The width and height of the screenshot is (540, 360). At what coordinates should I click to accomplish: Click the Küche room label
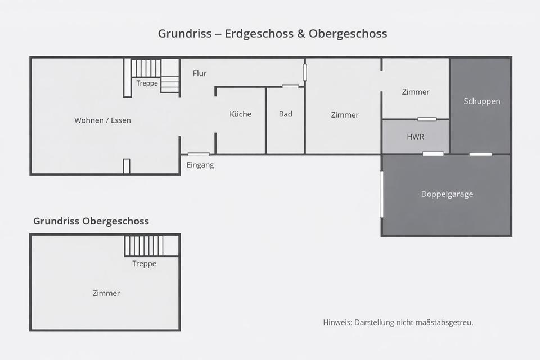[240, 114]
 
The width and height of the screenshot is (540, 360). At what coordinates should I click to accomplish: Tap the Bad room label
[286, 114]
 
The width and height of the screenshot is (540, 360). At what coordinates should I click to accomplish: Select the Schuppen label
[482, 101]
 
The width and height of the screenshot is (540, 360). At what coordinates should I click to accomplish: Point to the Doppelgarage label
[447, 194]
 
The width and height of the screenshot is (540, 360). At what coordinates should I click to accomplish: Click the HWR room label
[416, 137]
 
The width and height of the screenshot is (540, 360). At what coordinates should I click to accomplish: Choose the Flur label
[200, 73]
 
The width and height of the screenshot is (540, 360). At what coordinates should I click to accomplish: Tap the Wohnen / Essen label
[102, 120]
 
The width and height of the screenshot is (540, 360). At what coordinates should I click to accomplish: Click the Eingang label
[200, 165]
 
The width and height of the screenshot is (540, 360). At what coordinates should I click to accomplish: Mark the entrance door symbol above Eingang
[199, 154]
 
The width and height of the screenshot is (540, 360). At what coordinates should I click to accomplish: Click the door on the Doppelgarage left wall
[382, 194]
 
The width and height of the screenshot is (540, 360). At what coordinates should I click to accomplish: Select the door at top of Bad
[290, 86]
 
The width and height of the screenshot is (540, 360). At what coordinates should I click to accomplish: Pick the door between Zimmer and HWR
[427, 119]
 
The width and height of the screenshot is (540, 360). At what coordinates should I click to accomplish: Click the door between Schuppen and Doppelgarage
[481, 154]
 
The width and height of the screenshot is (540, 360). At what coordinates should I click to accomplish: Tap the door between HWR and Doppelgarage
[433, 154]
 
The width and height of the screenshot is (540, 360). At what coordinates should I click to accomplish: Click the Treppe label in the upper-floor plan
[145, 263]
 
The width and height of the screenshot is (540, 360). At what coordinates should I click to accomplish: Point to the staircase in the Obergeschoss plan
[144, 246]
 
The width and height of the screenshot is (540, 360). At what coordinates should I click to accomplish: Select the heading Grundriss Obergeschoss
[91, 221]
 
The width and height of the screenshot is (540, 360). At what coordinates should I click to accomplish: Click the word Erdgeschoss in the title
[258, 33]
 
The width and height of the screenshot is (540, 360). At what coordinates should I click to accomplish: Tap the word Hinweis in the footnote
[337, 322]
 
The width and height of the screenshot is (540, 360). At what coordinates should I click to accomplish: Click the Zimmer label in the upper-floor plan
[106, 293]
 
